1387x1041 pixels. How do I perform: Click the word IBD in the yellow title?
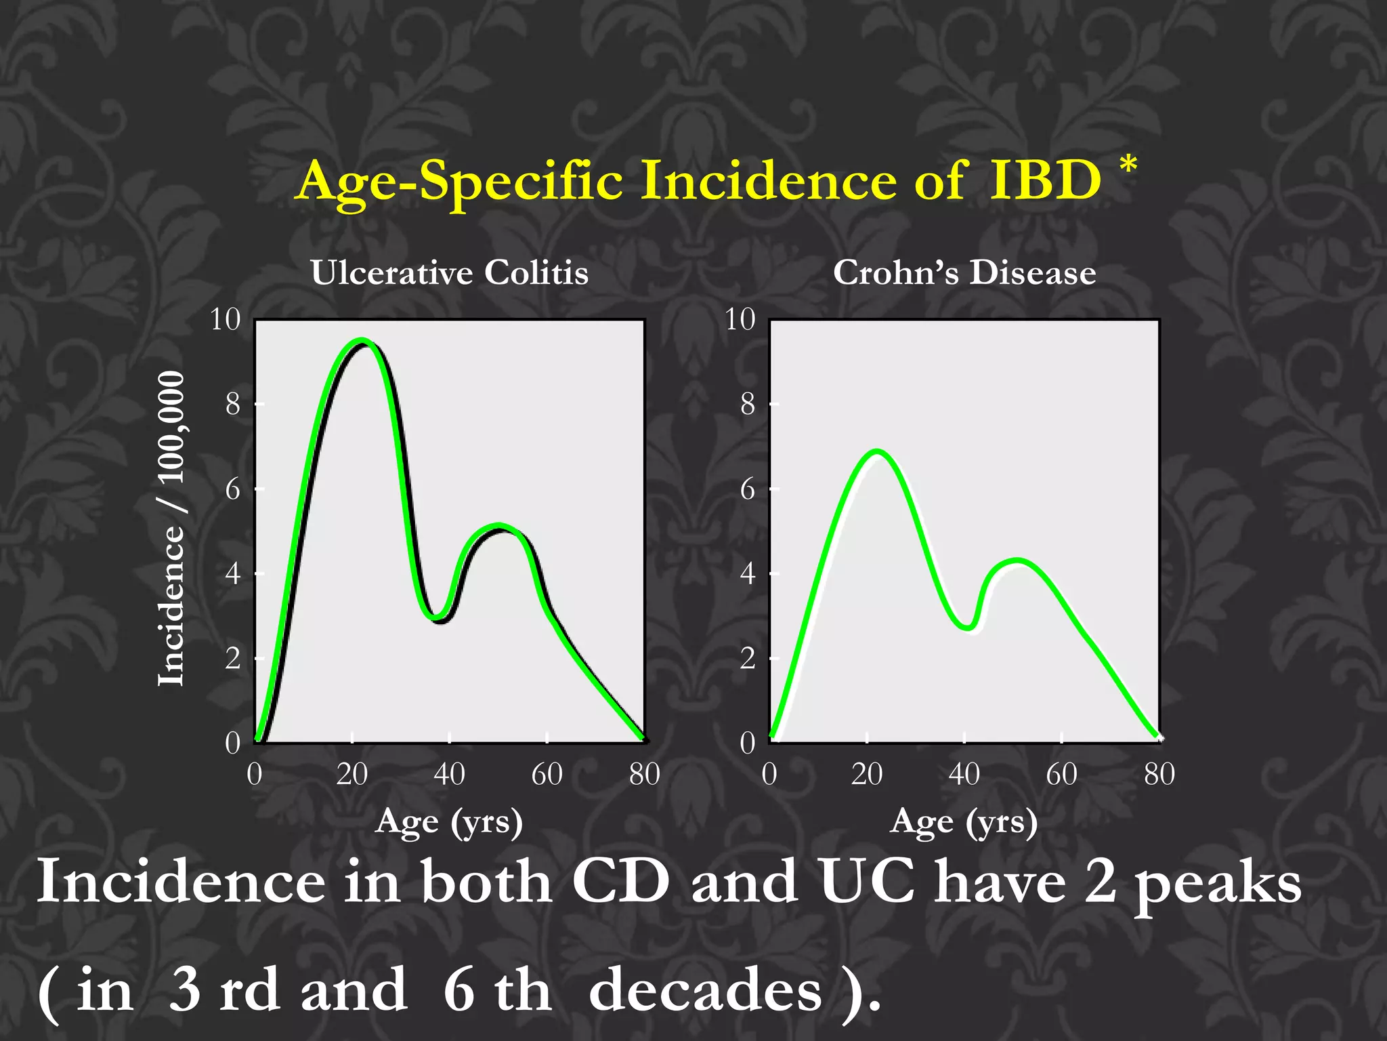click(x=1046, y=181)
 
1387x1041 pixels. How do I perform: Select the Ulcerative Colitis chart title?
click(x=450, y=272)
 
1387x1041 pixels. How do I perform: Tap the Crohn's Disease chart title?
click(x=964, y=272)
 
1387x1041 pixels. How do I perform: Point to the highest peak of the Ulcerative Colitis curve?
click(x=362, y=341)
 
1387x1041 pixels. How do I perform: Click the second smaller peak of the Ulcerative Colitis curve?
click(x=498, y=527)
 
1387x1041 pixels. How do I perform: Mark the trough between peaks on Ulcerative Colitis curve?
click(x=438, y=617)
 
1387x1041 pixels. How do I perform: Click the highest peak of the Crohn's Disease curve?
click(x=877, y=451)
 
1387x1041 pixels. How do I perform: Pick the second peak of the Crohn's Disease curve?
click(x=1017, y=561)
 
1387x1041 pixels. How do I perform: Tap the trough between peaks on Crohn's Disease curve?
click(x=968, y=627)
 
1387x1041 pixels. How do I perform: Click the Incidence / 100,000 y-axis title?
click(x=171, y=529)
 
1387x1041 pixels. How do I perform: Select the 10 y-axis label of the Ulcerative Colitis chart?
click(x=226, y=319)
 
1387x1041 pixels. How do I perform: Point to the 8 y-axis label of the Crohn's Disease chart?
click(x=747, y=405)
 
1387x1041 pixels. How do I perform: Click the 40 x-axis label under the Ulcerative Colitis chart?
click(x=449, y=774)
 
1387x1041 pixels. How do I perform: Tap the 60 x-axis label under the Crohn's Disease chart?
click(x=1061, y=774)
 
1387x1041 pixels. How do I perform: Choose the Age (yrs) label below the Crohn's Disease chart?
click(x=964, y=821)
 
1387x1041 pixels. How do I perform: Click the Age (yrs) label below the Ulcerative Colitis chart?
click(x=450, y=821)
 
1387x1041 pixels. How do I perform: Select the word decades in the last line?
click(x=705, y=991)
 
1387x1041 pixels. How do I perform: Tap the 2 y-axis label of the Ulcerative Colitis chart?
click(x=232, y=658)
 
